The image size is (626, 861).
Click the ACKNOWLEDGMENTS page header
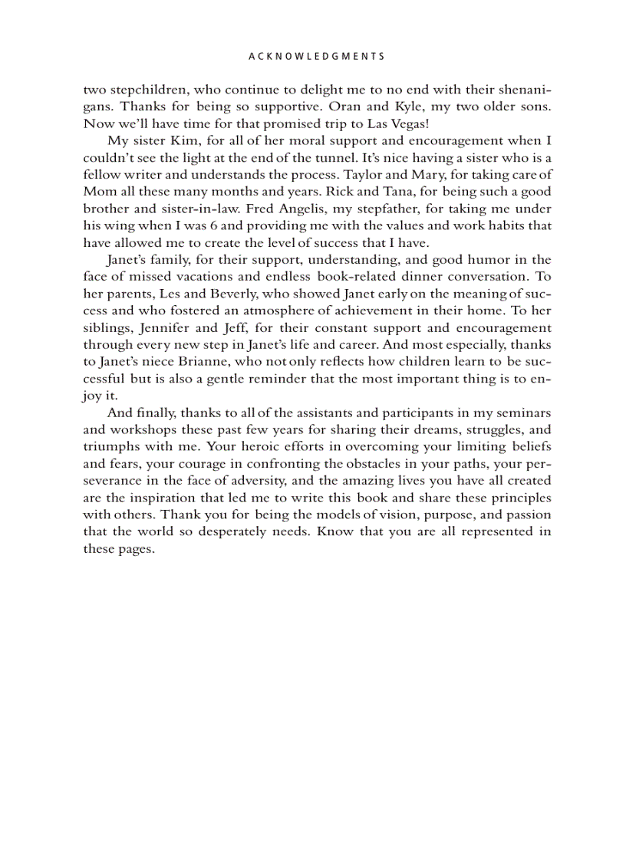(317, 57)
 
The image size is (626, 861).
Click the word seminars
(523, 412)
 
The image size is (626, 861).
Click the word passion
(528, 514)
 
